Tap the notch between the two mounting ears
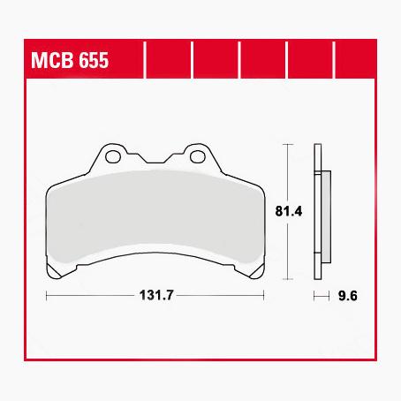pos(155,161)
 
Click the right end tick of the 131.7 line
pos(264,295)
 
